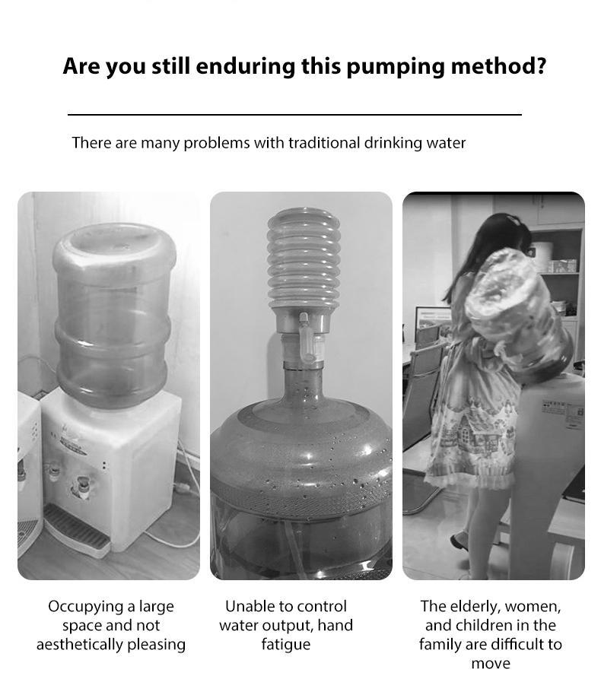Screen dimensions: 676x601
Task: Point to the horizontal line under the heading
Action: coord(294,114)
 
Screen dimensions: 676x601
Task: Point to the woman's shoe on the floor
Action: coord(459,541)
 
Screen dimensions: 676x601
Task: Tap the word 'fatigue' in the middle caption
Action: coord(286,644)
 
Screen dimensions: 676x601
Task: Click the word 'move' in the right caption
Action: coord(491,663)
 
